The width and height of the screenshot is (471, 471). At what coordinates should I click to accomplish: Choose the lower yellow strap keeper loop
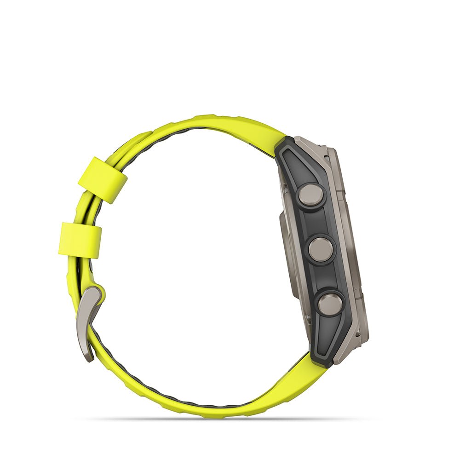(x=80, y=239)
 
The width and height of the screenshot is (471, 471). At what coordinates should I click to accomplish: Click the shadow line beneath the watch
(x=221, y=419)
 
